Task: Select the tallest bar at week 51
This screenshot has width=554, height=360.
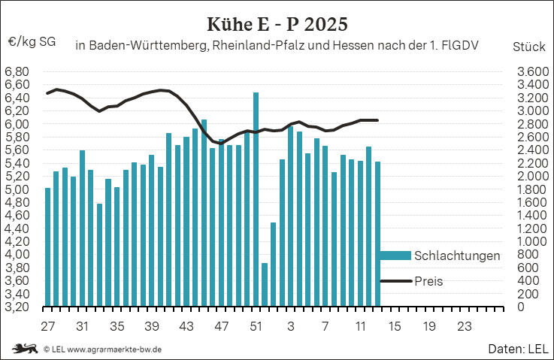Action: [x=256, y=199]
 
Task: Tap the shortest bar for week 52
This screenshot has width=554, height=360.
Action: [x=265, y=285]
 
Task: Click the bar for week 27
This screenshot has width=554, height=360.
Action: [x=47, y=247]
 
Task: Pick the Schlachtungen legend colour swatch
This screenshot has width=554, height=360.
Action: [x=395, y=256]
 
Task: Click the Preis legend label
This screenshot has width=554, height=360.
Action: [x=428, y=281]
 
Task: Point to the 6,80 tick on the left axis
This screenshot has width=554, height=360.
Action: [x=17, y=72]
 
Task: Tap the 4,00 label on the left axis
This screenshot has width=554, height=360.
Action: [x=17, y=255]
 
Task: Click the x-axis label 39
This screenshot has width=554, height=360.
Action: [x=151, y=327]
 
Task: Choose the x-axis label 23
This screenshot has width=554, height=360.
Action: [x=464, y=327]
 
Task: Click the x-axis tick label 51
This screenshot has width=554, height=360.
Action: [x=256, y=327]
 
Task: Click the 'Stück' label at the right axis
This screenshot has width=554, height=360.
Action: [x=528, y=46]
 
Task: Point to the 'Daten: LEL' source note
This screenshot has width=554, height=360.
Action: [x=517, y=349]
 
